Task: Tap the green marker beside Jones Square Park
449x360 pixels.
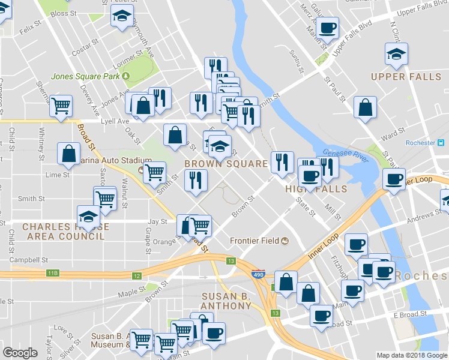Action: pos(126,76)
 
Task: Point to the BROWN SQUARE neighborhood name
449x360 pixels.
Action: pos(226,164)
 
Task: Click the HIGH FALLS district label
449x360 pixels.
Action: pos(316,189)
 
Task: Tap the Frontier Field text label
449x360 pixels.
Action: pos(255,241)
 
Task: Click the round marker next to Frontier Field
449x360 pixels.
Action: pos(285,241)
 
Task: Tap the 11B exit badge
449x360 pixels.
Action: pos(53,274)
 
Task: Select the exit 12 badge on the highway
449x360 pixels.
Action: pos(137,276)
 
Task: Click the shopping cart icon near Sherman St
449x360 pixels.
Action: pos(61,106)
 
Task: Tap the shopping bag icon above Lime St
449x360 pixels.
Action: pos(69,152)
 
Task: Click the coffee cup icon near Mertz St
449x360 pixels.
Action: pos(328,27)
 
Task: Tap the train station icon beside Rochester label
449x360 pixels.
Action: pos(441,143)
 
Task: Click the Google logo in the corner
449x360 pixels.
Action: pos(20,353)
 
